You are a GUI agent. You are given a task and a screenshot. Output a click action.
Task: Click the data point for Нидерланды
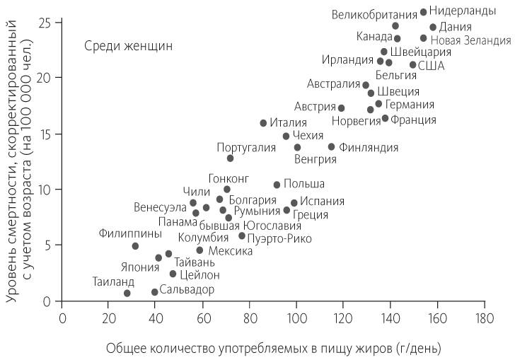pyautogui.click(x=423, y=12)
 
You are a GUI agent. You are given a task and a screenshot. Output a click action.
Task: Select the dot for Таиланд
pyautogui.click(x=127, y=293)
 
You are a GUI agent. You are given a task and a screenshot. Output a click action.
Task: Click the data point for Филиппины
pyautogui.click(x=135, y=246)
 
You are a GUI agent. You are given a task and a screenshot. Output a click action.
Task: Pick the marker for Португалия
pyautogui.click(x=230, y=158)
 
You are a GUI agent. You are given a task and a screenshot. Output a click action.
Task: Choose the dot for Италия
pyautogui.click(x=263, y=123)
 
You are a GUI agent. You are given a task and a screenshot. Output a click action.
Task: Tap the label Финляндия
pyautogui.click(x=369, y=148)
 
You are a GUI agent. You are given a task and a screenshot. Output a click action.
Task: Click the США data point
pyautogui.click(x=412, y=65)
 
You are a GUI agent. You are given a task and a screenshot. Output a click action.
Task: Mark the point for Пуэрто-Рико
pyautogui.click(x=242, y=236)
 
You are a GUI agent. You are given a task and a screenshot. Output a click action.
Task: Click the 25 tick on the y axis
pyautogui.click(x=47, y=22)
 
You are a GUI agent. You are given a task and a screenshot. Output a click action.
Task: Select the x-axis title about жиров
pyautogui.click(x=274, y=348)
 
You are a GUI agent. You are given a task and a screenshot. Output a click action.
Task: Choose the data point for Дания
pyautogui.click(x=433, y=28)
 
